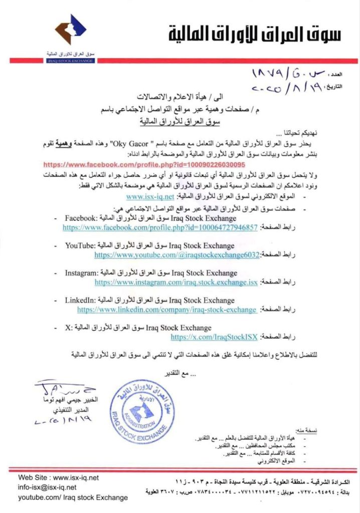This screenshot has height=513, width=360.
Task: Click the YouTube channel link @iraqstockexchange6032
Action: click(x=176, y=255)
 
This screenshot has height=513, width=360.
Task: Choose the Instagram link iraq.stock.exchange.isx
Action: click(x=176, y=283)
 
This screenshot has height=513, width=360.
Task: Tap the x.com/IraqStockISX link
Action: click(x=214, y=337)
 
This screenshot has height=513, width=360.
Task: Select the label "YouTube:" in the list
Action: click(x=80, y=246)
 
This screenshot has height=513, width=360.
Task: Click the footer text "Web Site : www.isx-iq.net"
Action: click(x=59, y=477)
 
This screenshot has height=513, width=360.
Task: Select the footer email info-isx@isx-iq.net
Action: click(x=48, y=487)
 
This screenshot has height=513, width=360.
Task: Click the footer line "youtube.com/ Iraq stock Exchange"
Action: click(x=73, y=497)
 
